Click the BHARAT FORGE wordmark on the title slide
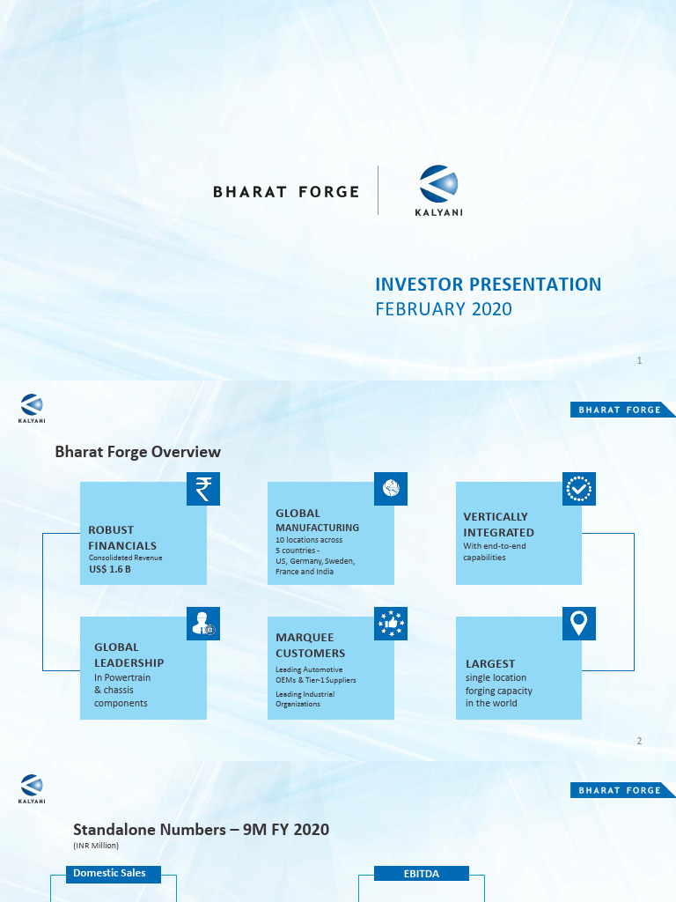click(286, 191)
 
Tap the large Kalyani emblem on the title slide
click(438, 184)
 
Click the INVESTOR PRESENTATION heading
click(489, 285)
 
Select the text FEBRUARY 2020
click(444, 309)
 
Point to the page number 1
click(640, 361)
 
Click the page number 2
click(640, 742)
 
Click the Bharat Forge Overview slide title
click(138, 452)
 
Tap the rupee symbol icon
click(203, 489)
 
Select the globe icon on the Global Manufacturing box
click(391, 488)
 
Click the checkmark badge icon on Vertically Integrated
click(579, 489)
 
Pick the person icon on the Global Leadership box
click(203, 624)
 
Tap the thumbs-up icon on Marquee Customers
click(391, 624)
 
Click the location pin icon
click(579, 624)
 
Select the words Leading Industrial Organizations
click(305, 699)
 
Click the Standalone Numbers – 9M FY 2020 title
click(202, 830)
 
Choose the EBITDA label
click(422, 874)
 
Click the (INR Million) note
click(96, 846)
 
